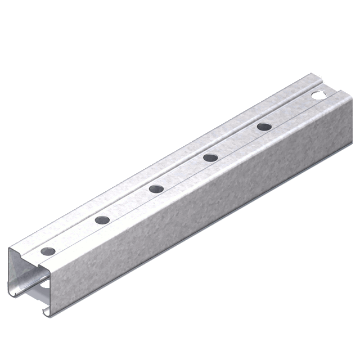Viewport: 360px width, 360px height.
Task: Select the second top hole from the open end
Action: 102,219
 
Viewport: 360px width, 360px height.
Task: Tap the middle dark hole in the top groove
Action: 155,188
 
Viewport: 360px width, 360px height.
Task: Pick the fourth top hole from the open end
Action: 209,157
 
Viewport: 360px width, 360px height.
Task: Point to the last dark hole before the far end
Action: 263,127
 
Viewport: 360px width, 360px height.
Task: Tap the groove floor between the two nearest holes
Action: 75,235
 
